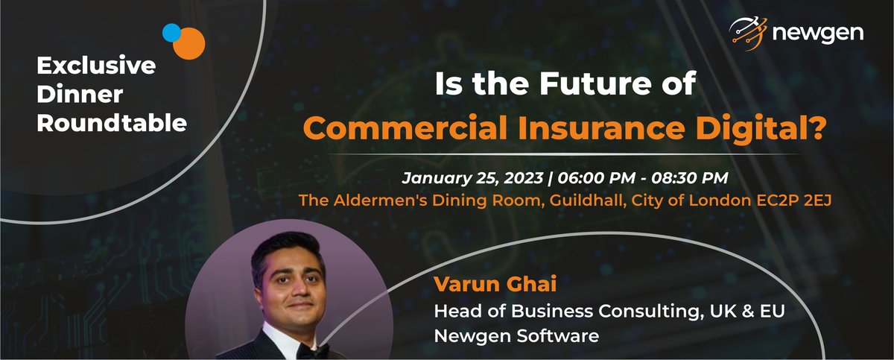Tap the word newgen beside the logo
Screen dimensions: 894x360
(818, 34)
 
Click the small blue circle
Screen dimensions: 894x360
(171, 33)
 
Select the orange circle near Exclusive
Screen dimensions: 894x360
(189, 43)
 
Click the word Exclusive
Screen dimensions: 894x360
(96, 65)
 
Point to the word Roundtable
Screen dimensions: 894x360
(112, 123)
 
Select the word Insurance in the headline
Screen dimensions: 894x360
(601, 128)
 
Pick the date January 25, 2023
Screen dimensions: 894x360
(472, 178)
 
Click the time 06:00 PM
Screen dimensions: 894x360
(596, 178)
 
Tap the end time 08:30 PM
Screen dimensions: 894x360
(690, 178)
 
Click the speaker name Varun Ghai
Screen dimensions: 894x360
(495, 284)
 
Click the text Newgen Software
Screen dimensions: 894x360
(516, 335)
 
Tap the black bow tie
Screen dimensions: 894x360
(314, 351)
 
